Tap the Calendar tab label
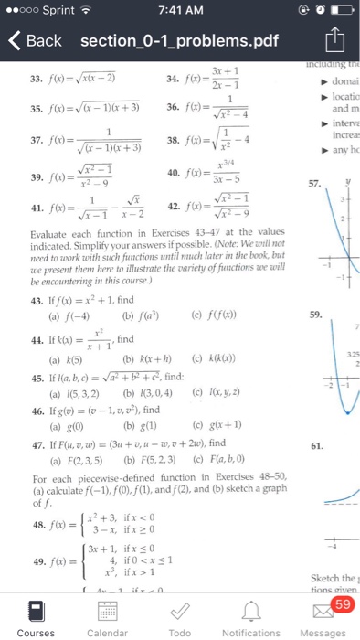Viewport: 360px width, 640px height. click(108, 632)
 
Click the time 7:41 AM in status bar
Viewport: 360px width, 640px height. click(179, 11)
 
